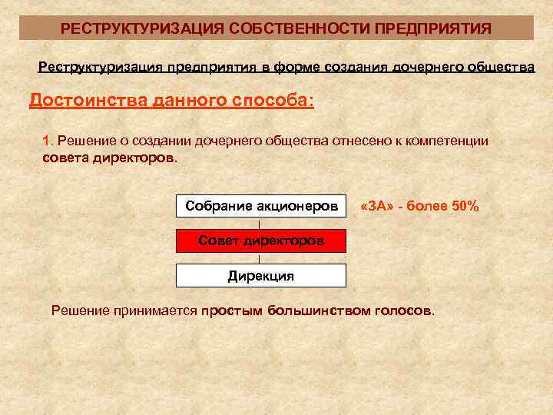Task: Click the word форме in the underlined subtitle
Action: pos(286,67)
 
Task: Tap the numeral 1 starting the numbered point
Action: pos(46,141)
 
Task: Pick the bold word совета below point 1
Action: pos(62,158)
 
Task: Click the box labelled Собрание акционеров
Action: pos(261,207)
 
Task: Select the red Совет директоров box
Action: pos(261,241)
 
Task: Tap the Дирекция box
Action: pos(261,275)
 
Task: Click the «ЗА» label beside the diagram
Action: pos(376,207)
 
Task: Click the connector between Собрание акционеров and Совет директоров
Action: pos(261,224)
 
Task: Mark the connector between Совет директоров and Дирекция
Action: pos(261,258)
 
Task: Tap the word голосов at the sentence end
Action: pos(403,310)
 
